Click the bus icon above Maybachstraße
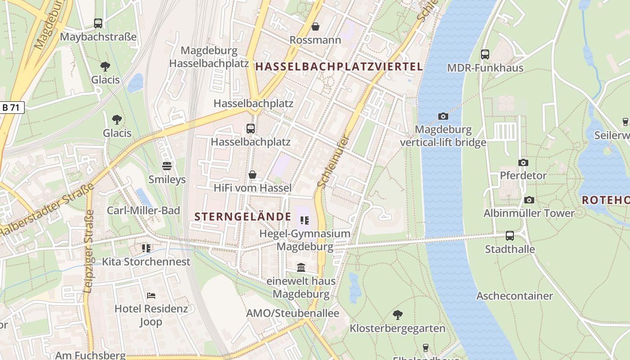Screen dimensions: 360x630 pyautogui.click(x=98, y=23)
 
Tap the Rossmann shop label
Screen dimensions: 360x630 pyautogui.click(x=315, y=40)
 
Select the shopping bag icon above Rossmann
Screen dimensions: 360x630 pyautogui.click(x=315, y=27)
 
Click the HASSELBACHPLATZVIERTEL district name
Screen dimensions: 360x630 pyautogui.click(x=339, y=67)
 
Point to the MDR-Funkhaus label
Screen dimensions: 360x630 pyautogui.click(x=485, y=68)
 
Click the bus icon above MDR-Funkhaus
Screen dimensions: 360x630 pyautogui.click(x=485, y=54)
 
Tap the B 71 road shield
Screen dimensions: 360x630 pyautogui.click(x=12, y=107)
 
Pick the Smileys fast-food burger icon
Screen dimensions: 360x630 pyautogui.click(x=167, y=166)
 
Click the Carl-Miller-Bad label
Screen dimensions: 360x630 pyautogui.click(x=143, y=211)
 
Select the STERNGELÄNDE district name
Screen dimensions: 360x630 pyautogui.click(x=243, y=216)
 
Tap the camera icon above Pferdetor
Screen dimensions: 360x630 pyautogui.click(x=523, y=162)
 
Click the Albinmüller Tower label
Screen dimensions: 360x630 pyautogui.click(x=529, y=213)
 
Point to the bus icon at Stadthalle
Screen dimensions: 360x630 pyautogui.click(x=510, y=235)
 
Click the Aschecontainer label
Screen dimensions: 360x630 pyautogui.click(x=514, y=296)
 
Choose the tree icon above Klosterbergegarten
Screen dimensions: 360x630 pyautogui.click(x=397, y=315)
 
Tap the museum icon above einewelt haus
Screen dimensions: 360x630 pyautogui.click(x=301, y=268)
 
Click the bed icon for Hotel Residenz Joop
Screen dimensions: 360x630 pyautogui.click(x=151, y=296)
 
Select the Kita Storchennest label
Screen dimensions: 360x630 pyautogui.click(x=146, y=262)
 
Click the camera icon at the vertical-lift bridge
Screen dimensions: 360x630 pyautogui.click(x=443, y=116)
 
